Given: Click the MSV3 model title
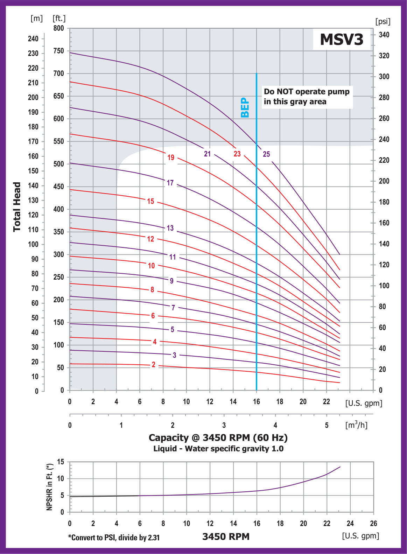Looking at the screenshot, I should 342,39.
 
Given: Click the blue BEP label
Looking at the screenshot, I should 245,107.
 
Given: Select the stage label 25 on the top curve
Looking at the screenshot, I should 266,154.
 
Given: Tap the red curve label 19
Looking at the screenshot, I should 171,157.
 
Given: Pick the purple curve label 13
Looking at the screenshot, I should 170,228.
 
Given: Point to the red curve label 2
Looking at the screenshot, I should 153,365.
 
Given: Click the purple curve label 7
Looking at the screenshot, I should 173,308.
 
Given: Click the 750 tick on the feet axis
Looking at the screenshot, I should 58,51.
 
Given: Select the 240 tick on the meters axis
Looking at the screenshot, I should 33,39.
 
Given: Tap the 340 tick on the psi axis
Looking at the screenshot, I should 384,35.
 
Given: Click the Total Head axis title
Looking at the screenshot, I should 17,206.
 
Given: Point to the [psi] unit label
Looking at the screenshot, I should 383,21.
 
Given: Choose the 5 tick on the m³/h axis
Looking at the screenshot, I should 327,425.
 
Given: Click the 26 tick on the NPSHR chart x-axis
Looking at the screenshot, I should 373,524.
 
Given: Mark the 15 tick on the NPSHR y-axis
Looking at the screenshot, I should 61,462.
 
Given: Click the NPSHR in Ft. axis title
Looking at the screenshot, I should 50,487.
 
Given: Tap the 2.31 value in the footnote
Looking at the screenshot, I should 154,538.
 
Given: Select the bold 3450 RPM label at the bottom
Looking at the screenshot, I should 226,537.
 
